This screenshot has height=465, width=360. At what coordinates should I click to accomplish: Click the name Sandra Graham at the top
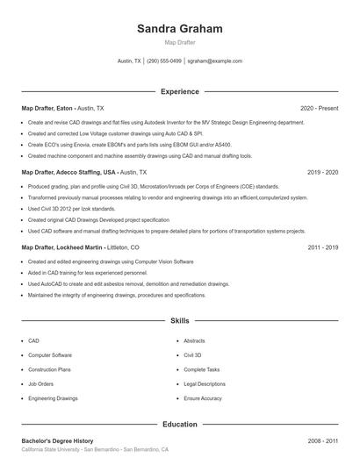tap(179, 29)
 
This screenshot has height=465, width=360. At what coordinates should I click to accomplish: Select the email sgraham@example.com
tap(214, 61)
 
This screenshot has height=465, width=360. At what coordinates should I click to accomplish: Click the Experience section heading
tap(179, 91)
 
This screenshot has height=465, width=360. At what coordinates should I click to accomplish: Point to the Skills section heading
tap(179, 322)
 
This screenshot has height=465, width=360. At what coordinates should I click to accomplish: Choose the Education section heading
tap(179, 425)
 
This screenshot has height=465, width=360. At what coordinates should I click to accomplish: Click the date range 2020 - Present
tap(319, 108)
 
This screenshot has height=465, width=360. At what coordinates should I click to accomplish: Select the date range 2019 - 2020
tap(322, 173)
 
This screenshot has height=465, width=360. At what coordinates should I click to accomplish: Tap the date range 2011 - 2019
tap(322, 247)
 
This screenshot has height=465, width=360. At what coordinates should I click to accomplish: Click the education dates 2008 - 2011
tap(322, 440)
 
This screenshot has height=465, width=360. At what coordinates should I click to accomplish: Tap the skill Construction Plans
tap(49, 369)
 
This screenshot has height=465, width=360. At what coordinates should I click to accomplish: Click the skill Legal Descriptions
tap(205, 383)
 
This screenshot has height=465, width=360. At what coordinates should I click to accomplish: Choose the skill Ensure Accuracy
tap(203, 398)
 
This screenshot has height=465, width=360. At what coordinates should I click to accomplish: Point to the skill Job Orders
tap(40, 383)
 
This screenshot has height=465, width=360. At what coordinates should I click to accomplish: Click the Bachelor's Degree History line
tap(57, 440)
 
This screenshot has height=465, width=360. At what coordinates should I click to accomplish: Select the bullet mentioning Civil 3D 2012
tap(71, 209)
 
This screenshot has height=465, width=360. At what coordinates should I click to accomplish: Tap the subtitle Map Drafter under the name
tap(179, 42)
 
